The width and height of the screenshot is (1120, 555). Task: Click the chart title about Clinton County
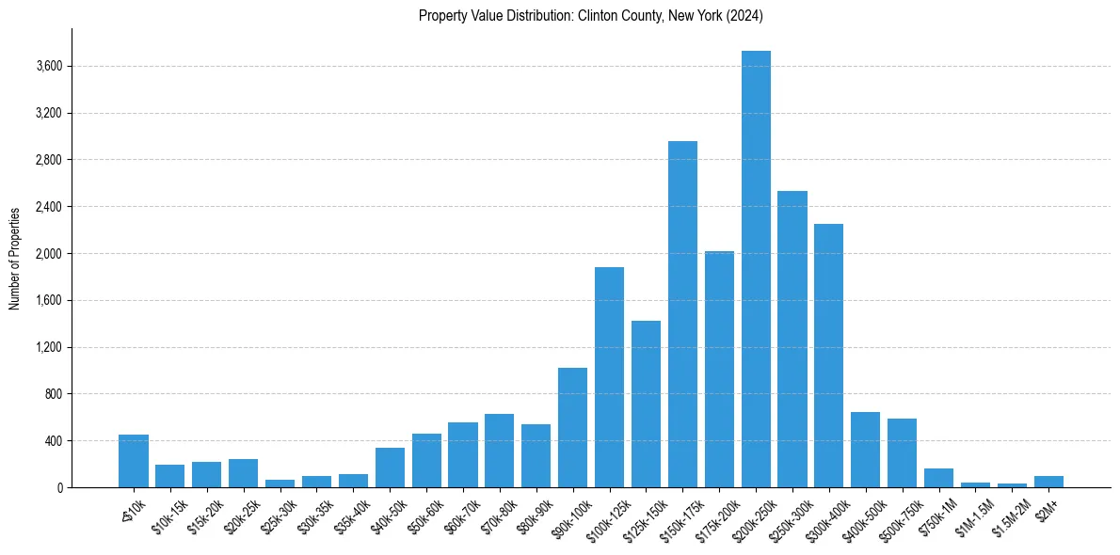pos(590,16)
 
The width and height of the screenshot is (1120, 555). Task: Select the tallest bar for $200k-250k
pos(756,269)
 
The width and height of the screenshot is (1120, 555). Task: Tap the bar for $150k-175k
pos(682,314)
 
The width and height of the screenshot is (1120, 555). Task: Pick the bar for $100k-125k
pos(609,377)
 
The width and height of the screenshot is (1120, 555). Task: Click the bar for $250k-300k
pos(792,339)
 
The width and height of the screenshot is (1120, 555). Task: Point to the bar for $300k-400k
pos(829,356)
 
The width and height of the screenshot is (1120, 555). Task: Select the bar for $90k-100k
pos(572,427)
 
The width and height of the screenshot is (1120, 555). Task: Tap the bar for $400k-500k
pos(865,450)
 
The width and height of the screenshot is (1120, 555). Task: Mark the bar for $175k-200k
pos(719,369)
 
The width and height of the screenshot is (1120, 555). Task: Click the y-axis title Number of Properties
pos(14,258)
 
